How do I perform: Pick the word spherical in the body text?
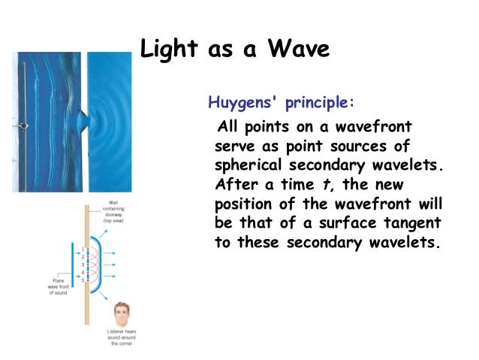click(255, 164)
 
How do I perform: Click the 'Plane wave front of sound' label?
click(54, 287)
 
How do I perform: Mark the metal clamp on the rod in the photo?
click(25, 126)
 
